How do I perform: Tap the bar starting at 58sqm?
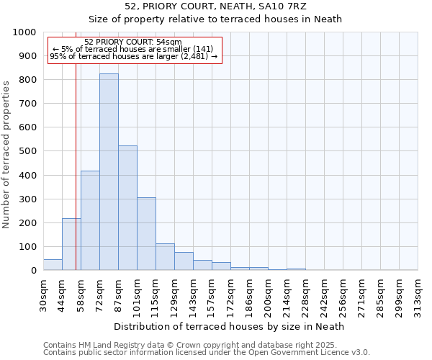click(90, 220)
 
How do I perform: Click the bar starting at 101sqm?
click(146, 233)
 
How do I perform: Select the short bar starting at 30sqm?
click(53, 264)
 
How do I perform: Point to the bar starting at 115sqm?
click(165, 257)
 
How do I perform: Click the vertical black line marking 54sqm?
click(76, 180)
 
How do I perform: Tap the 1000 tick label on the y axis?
click(24, 32)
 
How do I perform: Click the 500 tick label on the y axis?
click(27, 151)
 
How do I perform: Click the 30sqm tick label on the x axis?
click(43, 295)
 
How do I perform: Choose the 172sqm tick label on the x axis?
click(230, 295)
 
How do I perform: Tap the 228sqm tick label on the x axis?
click(305, 295)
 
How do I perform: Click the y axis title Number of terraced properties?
click(6, 154)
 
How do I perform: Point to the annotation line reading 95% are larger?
click(133, 56)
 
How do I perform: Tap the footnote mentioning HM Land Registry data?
click(194, 345)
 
